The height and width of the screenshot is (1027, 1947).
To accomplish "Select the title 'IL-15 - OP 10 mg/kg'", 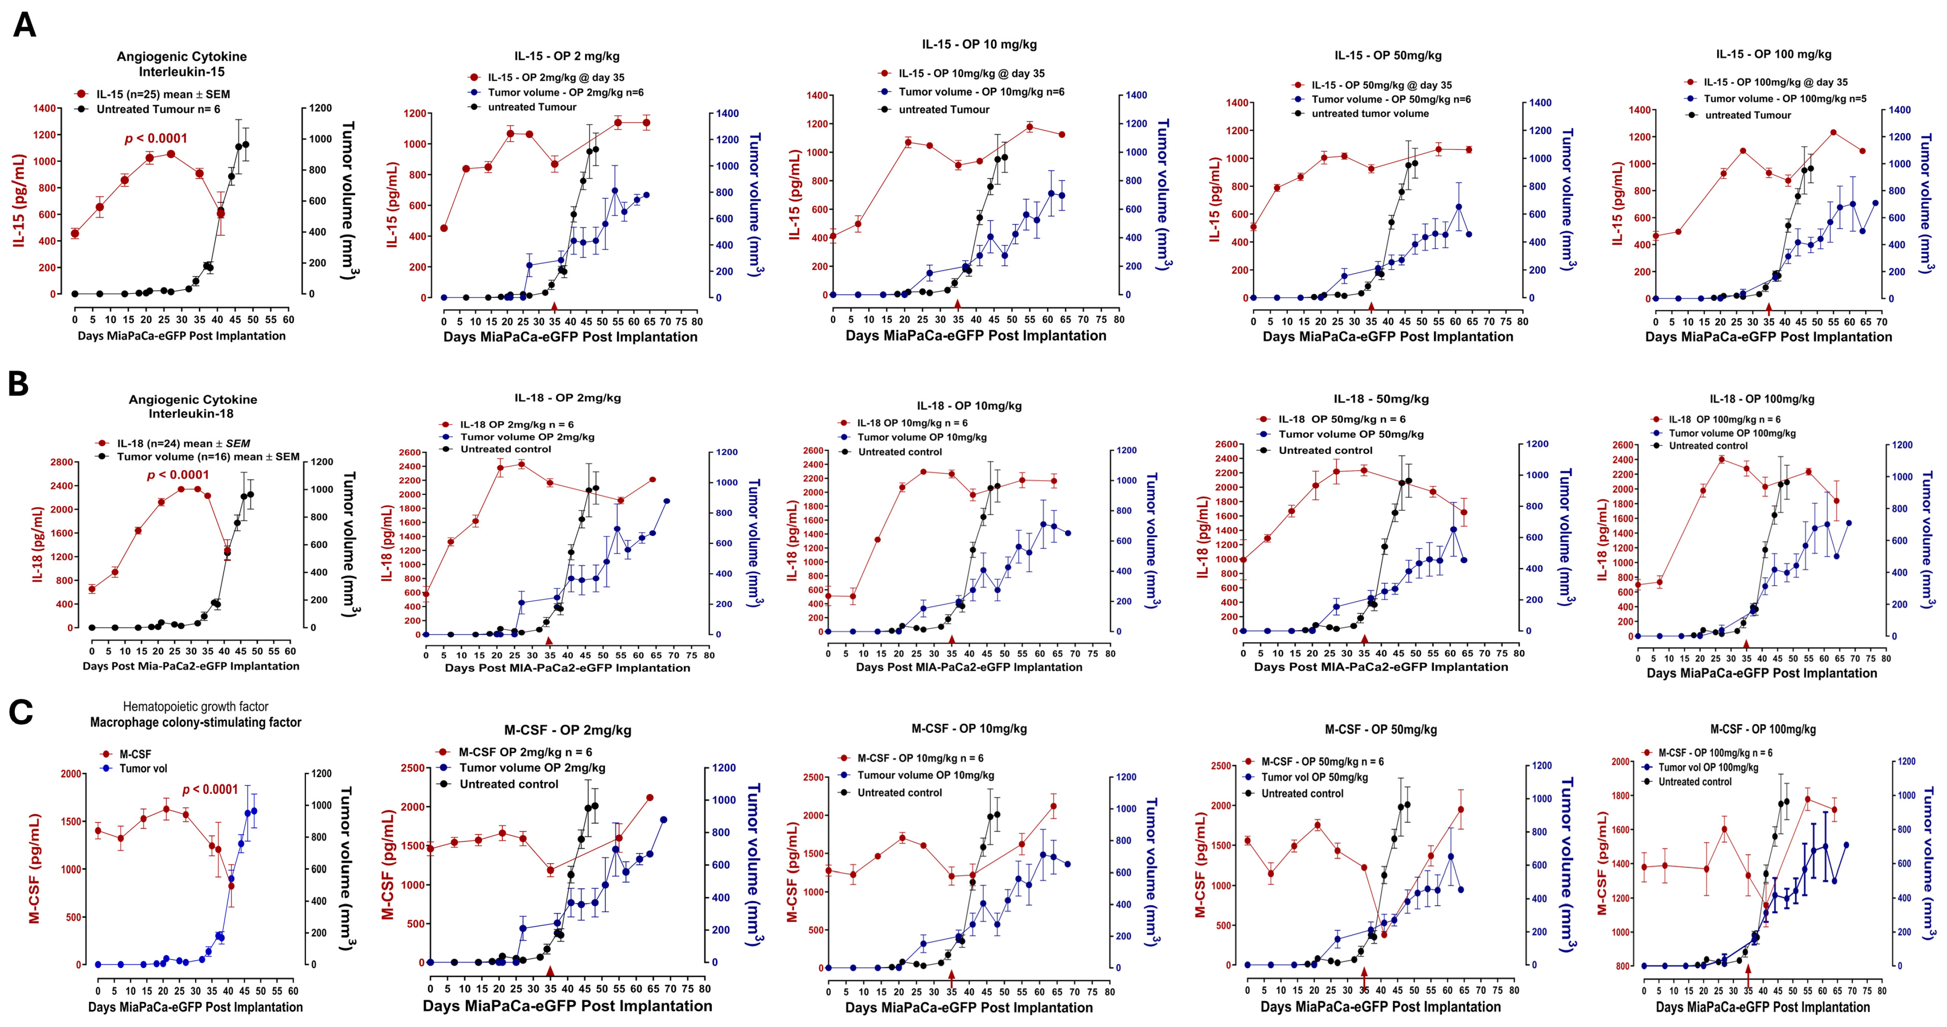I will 979,45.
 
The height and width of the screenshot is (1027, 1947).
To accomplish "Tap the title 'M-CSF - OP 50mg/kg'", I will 1380,729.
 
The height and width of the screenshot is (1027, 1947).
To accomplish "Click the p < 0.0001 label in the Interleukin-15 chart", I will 156,138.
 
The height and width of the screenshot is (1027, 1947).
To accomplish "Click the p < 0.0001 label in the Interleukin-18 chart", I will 178,475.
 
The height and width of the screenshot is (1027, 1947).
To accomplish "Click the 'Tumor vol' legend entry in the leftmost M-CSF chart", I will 143,768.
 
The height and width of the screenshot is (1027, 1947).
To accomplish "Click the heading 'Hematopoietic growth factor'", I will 195,707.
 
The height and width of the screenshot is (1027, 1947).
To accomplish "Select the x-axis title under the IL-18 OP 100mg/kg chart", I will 1761,673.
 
